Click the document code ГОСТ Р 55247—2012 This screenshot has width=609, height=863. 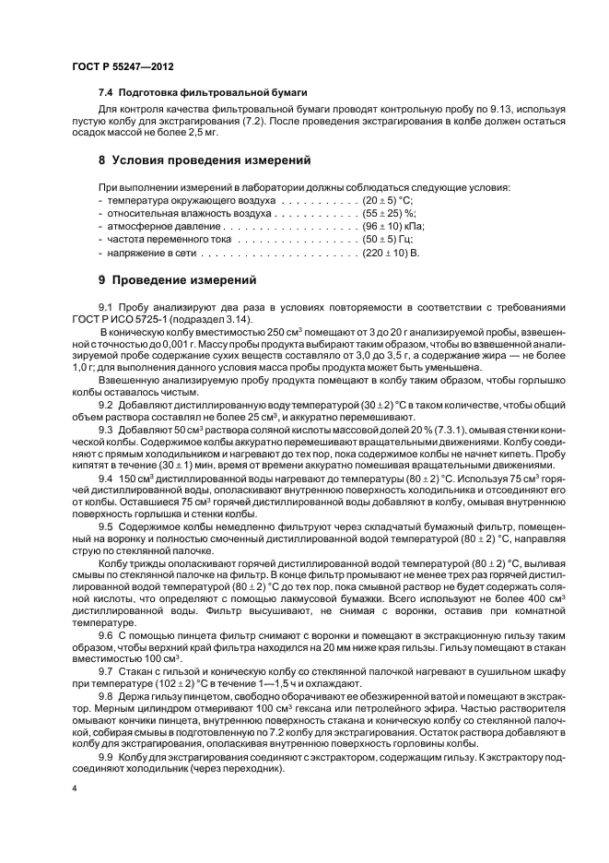[123, 68]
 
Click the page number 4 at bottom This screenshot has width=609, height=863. [74, 790]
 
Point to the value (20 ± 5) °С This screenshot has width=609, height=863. [388, 199]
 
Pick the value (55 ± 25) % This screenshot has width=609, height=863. [390, 212]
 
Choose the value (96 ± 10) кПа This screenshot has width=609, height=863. [392, 226]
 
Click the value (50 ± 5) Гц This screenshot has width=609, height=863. [388, 239]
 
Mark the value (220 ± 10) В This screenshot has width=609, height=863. [391, 252]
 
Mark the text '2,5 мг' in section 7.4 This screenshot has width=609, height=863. [199, 133]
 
